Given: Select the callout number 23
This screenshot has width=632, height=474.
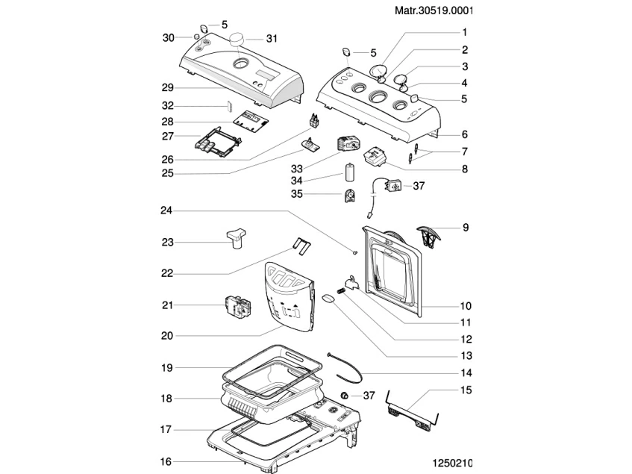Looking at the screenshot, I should (x=168, y=241).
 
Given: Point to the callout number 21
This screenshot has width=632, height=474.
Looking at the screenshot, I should (x=168, y=305).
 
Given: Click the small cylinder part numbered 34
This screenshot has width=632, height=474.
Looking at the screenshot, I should (x=348, y=172).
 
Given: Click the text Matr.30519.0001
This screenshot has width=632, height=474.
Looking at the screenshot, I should (x=580, y=11).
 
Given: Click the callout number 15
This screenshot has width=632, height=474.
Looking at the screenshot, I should (x=466, y=390).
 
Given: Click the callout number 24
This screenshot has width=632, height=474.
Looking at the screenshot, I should (x=168, y=210).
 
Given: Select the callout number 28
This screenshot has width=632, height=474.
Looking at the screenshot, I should (x=168, y=121).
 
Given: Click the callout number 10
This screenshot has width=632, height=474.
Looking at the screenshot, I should (x=466, y=306).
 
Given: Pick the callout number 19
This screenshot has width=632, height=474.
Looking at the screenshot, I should (x=168, y=367).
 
